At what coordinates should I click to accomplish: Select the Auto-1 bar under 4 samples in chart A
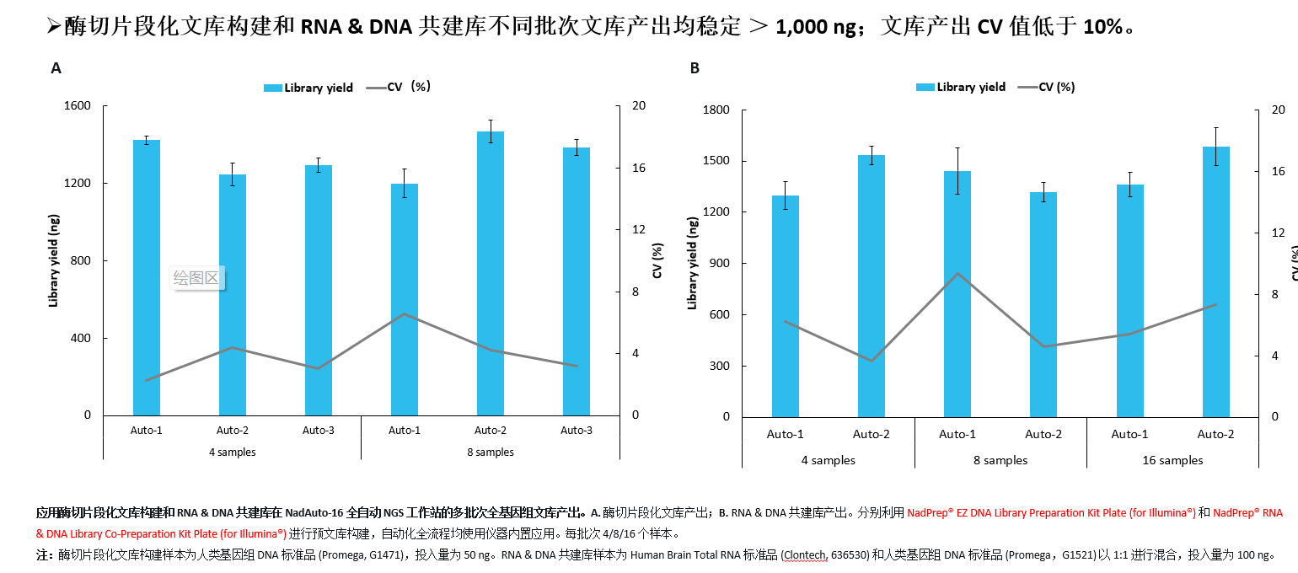point(147,277)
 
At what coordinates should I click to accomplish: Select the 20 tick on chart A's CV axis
point(639,105)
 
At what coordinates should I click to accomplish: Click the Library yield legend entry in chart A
point(308,88)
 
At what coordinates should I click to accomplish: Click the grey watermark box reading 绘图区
point(196,277)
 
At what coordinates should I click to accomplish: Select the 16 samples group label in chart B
point(1172,460)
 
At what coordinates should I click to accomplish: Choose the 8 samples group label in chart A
point(491,453)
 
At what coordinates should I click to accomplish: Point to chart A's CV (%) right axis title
point(657,260)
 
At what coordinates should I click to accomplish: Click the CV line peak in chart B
point(957,273)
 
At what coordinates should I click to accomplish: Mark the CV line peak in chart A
point(405,313)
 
